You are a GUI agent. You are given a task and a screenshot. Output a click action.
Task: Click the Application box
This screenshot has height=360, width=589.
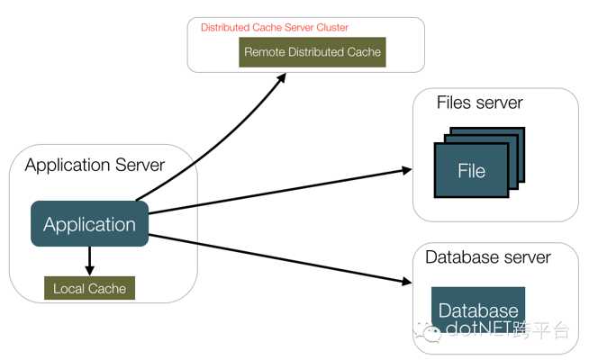[x=89, y=224]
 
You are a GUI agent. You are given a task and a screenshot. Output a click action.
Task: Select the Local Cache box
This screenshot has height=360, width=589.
[x=89, y=288]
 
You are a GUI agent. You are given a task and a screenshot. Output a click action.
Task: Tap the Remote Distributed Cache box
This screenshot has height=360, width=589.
[x=313, y=52]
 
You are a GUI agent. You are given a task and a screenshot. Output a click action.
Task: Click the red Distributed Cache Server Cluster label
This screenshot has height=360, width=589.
[x=274, y=27]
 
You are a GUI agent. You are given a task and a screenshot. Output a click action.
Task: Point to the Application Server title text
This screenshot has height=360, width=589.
[x=95, y=166]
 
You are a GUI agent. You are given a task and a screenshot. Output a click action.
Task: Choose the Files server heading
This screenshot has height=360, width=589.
[x=479, y=103]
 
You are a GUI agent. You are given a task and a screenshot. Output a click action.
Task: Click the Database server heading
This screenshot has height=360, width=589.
[x=487, y=257]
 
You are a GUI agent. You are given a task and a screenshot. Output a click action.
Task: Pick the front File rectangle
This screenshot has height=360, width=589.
[x=471, y=170]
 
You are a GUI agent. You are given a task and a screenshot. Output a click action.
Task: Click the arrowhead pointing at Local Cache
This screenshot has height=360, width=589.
[x=89, y=270]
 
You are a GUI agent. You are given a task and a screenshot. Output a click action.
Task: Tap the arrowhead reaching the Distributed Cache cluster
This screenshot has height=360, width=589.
[x=281, y=78]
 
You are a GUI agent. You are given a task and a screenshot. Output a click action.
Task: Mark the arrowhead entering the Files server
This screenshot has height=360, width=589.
[x=407, y=170]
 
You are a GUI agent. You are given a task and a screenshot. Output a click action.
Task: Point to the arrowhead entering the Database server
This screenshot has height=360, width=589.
[x=407, y=281]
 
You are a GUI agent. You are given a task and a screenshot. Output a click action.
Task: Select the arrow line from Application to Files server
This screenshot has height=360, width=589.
[x=280, y=192]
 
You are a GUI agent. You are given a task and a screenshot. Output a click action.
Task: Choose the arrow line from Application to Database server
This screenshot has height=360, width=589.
[x=280, y=258]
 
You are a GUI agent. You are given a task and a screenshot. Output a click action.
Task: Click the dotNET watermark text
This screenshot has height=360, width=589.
[x=507, y=329]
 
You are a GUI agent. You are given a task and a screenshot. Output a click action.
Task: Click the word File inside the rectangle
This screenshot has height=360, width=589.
[x=471, y=171]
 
